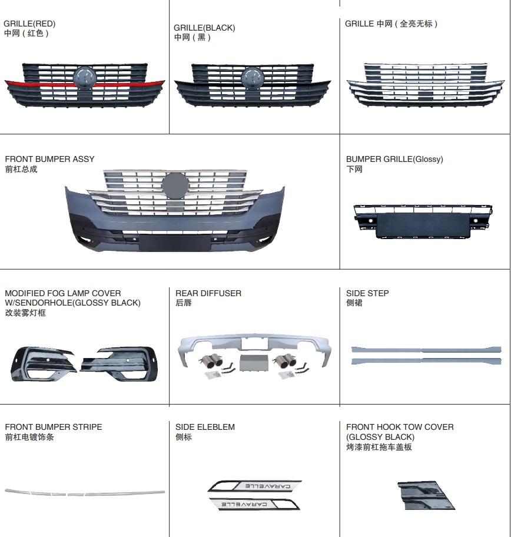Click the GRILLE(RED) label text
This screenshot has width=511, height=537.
(29, 24)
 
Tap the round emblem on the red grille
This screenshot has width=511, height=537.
(84, 77)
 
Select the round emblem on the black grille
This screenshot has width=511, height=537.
(254, 77)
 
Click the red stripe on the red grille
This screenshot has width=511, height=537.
(35, 85)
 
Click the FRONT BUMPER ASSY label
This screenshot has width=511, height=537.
(49, 159)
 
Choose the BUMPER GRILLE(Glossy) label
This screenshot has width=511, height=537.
(394, 159)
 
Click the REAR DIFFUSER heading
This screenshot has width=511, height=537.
(208, 293)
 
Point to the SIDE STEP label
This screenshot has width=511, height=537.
(367, 293)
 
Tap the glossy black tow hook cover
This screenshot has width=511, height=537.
(426, 495)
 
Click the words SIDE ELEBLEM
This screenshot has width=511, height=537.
(205, 427)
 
